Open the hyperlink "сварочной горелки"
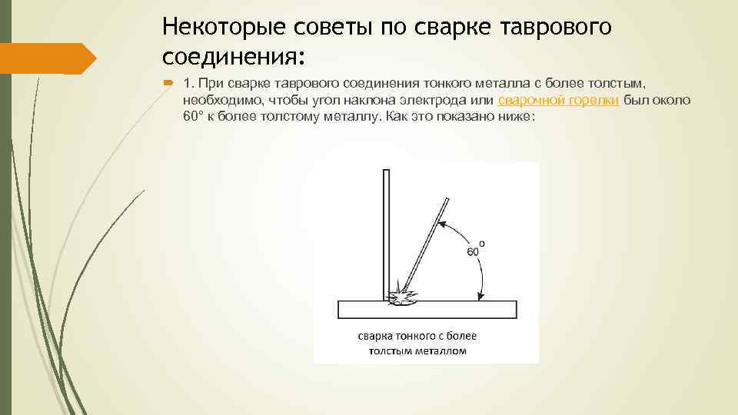click(559, 101)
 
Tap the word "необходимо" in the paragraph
click(223, 101)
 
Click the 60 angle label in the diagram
click(475, 251)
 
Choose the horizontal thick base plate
click(427, 310)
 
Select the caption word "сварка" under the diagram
click(374, 336)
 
